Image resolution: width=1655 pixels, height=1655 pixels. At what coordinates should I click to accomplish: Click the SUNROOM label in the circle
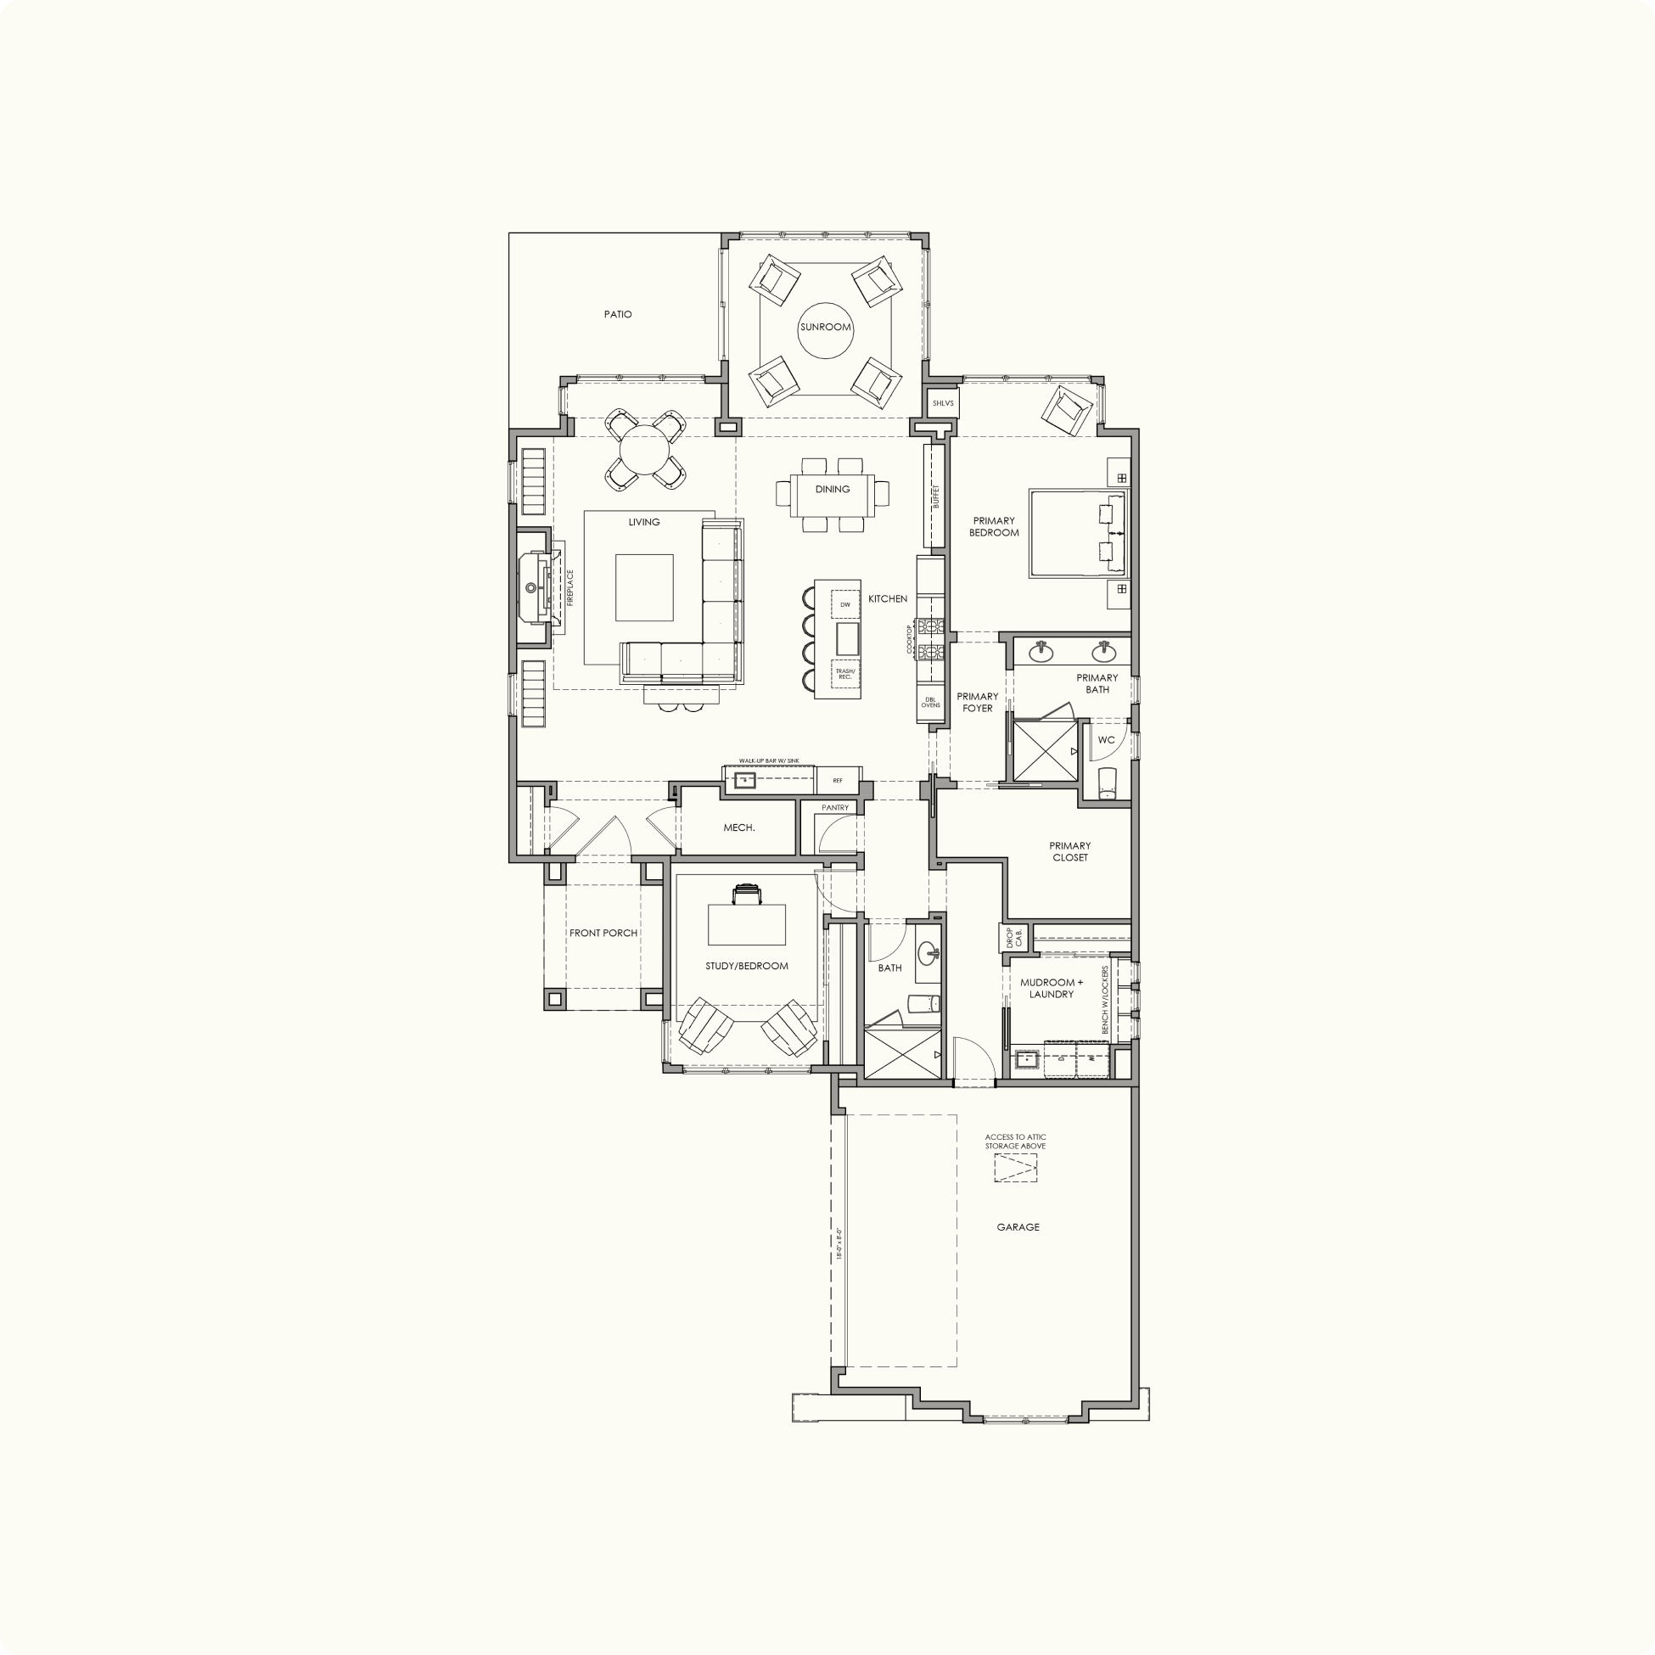coord(825,328)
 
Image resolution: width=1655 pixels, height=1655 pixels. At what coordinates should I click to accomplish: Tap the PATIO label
coord(618,314)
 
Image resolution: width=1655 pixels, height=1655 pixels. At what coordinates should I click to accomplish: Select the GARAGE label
coord(1018,1227)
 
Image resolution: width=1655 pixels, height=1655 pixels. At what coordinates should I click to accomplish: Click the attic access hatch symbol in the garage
coord(1015,1169)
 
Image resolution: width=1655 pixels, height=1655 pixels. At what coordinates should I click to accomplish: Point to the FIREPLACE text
coord(569,588)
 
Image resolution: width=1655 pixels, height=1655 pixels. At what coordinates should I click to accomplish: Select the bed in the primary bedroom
coord(1080,533)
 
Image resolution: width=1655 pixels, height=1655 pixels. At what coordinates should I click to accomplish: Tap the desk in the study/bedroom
coord(746,924)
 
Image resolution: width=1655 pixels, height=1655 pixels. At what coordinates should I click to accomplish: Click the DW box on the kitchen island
coord(844,605)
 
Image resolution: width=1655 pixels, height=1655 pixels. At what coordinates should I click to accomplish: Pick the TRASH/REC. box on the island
coord(844,674)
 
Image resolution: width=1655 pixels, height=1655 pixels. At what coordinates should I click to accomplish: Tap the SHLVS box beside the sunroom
coord(942,402)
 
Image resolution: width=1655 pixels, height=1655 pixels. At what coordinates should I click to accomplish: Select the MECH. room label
coord(739,827)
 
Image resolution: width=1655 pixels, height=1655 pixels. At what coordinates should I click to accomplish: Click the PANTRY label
coord(834,808)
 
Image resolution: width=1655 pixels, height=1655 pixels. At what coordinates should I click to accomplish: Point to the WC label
coord(1106,740)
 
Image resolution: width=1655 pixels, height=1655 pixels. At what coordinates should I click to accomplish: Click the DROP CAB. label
coord(1013,937)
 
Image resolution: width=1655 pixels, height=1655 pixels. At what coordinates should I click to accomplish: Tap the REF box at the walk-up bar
coord(838,780)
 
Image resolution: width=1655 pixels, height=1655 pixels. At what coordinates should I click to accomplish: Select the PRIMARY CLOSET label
coord(1070,851)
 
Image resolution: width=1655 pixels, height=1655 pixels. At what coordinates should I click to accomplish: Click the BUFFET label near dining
coord(936,496)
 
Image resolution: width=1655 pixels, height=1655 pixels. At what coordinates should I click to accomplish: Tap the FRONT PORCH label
coord(604,933)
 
